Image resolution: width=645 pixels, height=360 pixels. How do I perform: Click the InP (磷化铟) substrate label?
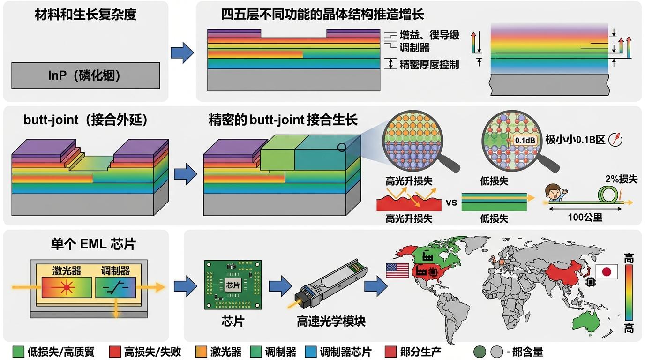point(84,75)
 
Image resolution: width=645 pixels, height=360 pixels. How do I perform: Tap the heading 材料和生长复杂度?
point(86,15)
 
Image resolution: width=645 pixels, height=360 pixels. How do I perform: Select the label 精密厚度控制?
point(429,64)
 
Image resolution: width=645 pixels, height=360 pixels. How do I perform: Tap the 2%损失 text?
point(621,179)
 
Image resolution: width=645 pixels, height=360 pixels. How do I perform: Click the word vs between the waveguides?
point(451,202)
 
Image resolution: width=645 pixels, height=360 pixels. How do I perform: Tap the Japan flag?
point(607,271)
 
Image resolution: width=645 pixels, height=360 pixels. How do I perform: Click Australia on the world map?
point(588,321)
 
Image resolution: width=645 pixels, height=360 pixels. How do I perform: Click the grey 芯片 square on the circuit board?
point(232,285)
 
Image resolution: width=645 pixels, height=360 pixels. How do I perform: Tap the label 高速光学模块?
point(331,322)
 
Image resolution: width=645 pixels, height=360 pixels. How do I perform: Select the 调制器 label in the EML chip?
point(115,271)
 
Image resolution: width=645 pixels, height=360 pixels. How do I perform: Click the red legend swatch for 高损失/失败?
point(114,351)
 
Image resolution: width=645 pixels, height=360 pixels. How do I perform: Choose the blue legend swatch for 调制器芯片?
point(310,351)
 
